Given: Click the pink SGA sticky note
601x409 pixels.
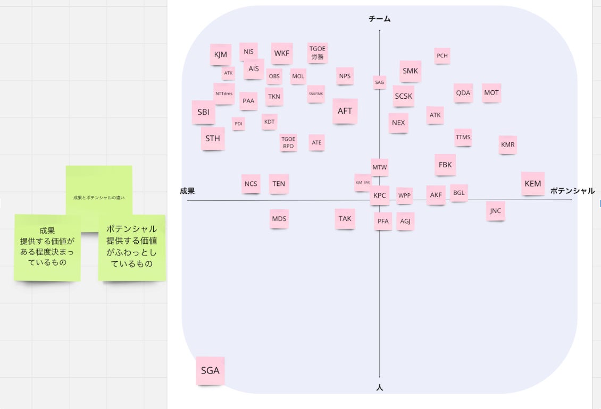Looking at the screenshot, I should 210,370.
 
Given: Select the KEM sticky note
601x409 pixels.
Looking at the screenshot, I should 532,183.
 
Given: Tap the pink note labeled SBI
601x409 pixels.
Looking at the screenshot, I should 203,112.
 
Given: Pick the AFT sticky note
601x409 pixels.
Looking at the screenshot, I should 345,111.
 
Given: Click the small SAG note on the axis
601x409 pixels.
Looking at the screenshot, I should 379,82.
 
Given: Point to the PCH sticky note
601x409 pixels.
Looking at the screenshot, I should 442,56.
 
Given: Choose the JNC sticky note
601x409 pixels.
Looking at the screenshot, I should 495,211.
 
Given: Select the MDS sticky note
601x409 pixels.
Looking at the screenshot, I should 279,218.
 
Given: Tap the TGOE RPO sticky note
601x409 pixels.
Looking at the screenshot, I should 288,142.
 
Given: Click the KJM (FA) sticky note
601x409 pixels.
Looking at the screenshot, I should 363,182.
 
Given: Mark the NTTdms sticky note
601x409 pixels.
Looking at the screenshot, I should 224,93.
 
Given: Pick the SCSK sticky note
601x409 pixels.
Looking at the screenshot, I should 403,96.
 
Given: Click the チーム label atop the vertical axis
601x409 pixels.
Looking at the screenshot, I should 379,19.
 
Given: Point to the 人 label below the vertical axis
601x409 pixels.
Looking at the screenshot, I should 379,388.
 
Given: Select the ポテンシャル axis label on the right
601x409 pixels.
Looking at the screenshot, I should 572,191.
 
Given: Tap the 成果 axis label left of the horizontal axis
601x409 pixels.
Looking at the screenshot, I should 187,191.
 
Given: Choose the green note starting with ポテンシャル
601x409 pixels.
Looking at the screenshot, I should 131,246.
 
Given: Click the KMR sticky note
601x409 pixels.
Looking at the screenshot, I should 507,144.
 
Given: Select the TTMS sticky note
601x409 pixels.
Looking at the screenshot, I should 463,137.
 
